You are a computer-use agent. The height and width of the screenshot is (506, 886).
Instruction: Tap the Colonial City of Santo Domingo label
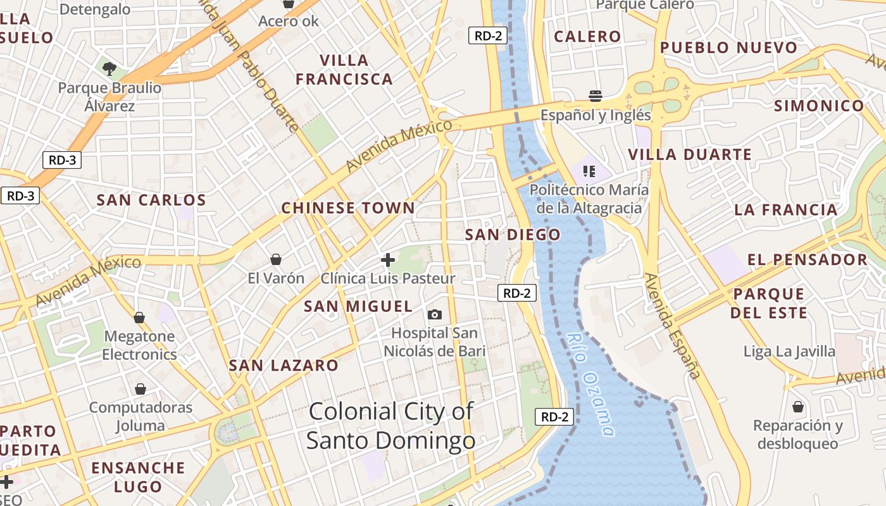390,426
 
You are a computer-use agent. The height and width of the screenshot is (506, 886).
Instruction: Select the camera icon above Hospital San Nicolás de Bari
435,314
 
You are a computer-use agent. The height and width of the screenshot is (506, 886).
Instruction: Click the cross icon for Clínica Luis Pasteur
388,259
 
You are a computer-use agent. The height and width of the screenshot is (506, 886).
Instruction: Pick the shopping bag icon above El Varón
276,259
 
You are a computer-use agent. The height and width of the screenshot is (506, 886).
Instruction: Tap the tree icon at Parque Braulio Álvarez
109,68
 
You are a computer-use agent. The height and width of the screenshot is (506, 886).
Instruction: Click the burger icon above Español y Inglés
595,96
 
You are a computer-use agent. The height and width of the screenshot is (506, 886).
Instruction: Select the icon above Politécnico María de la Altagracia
589,171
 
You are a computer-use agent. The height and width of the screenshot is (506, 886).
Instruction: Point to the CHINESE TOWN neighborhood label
348,208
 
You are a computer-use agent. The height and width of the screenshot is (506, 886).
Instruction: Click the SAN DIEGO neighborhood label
513,235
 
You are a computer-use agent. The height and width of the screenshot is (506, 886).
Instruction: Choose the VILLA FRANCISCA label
344,70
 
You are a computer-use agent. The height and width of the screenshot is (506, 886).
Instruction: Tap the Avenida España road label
673,326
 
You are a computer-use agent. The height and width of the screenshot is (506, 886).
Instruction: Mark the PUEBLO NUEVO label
728,47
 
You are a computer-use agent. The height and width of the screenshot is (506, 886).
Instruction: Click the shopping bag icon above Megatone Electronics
139,318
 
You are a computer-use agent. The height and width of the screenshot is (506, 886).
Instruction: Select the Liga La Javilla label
789,351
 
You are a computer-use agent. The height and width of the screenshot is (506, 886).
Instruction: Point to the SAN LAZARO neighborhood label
284,365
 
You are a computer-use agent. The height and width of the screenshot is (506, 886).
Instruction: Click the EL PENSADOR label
807,259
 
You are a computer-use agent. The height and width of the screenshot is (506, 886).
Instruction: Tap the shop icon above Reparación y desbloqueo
798,406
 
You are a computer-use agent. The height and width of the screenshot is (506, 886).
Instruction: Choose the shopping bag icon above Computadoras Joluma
140,389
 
